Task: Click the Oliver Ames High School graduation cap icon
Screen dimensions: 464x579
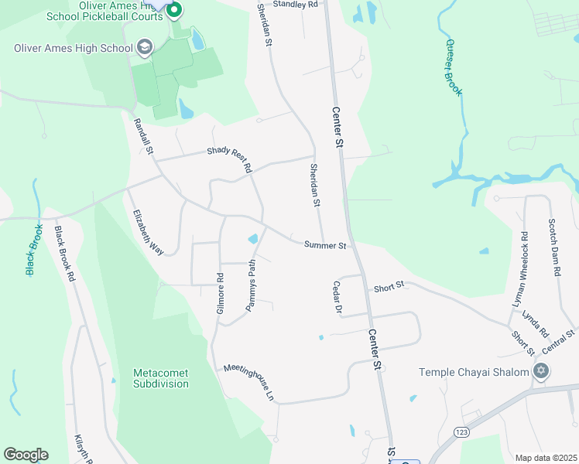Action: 144,48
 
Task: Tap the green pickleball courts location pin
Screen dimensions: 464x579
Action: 174,10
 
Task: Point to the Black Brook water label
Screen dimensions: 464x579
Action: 34,250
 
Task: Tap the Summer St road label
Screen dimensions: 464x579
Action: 324,245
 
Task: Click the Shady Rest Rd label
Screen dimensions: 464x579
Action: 230,159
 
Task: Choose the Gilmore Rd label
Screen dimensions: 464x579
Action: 220,293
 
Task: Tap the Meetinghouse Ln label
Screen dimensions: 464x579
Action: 249,381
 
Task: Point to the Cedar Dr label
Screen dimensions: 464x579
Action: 337,298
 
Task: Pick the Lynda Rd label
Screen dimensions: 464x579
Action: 535,324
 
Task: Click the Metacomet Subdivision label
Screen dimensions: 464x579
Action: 161,378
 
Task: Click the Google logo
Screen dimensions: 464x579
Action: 26,455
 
